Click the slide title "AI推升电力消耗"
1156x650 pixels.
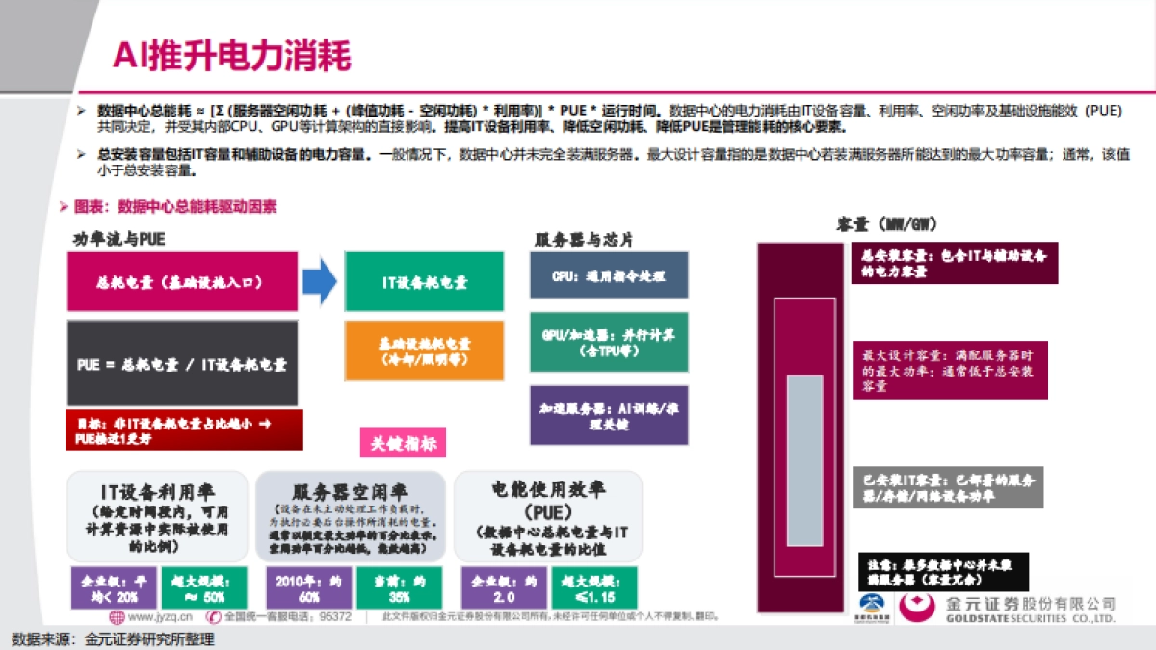[x=232, y=55]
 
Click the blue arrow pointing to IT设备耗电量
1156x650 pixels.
[x=320, y=281]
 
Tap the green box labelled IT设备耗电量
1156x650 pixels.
[x=424, y=281]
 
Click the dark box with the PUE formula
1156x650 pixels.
[x=182, y=364]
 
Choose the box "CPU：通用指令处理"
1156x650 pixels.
[x=609, y=274]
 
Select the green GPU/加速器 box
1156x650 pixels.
[x=609, y=342]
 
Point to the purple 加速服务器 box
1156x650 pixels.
[x=609, y=416]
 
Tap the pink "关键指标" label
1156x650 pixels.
[x=404, y=442]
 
